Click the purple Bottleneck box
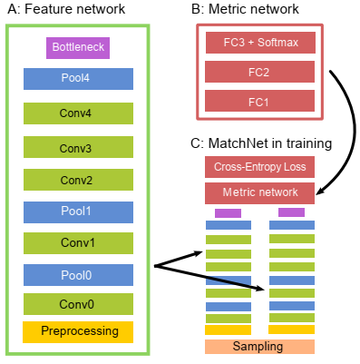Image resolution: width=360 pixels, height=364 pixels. click(77, 47)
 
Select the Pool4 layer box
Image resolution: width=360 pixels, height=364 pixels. click(78, 79)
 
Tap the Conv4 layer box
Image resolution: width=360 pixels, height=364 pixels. click(78, 113)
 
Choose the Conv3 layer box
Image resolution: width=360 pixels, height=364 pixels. click(78, 146)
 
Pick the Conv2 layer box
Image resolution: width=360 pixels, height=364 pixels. click(78, 179)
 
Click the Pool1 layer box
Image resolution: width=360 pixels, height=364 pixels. click(78, 211)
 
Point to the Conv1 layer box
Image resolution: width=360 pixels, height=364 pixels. click(78, 242)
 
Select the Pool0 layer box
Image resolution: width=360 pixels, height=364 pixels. click(78, 275)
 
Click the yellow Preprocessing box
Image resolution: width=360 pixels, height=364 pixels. click(78, 331)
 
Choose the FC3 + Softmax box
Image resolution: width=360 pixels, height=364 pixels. click(259, 43)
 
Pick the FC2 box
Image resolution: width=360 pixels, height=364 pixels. click(259, 72)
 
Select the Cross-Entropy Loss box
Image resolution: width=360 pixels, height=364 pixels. click(259, 167)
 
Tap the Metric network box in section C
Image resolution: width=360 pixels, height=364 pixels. click(259, 192)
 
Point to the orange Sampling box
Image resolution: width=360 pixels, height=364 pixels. click(259, 347)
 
